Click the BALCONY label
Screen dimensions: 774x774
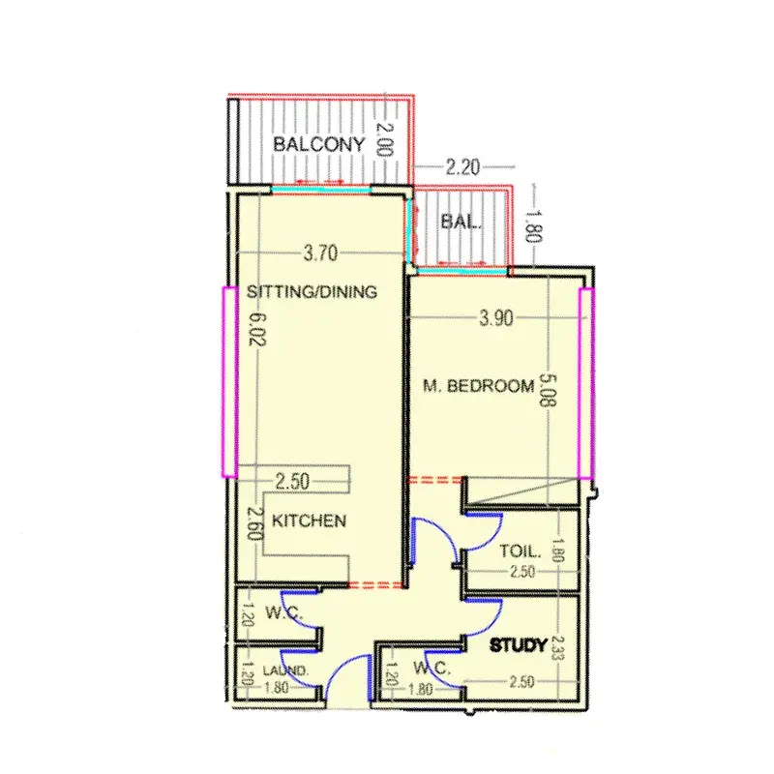(319, 144)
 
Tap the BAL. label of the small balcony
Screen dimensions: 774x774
(461, 222)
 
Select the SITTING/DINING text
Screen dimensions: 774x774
(312, 291)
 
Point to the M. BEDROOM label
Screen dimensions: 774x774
(479, 385)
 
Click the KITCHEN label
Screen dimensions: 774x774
(309, 521)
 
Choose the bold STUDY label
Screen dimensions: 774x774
(519, 645)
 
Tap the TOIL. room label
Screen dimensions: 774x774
(521, 551)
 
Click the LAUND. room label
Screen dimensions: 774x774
(285, 670)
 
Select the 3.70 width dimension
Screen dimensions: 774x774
(321, 253)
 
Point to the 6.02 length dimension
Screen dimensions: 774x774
(257, 330)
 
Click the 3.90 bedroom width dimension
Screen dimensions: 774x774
(496, 318)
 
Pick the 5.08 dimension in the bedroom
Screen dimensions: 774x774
(549, 390)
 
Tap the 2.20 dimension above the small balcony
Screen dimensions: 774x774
(462, 167)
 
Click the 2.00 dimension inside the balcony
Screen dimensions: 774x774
(385, 139)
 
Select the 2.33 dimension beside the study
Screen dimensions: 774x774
(558, 647)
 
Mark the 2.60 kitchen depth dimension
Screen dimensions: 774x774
(253, 523)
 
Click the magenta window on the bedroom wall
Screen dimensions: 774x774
(586, 383)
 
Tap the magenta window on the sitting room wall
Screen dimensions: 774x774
(229, 381)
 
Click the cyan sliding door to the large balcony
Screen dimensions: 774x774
(321, 189)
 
